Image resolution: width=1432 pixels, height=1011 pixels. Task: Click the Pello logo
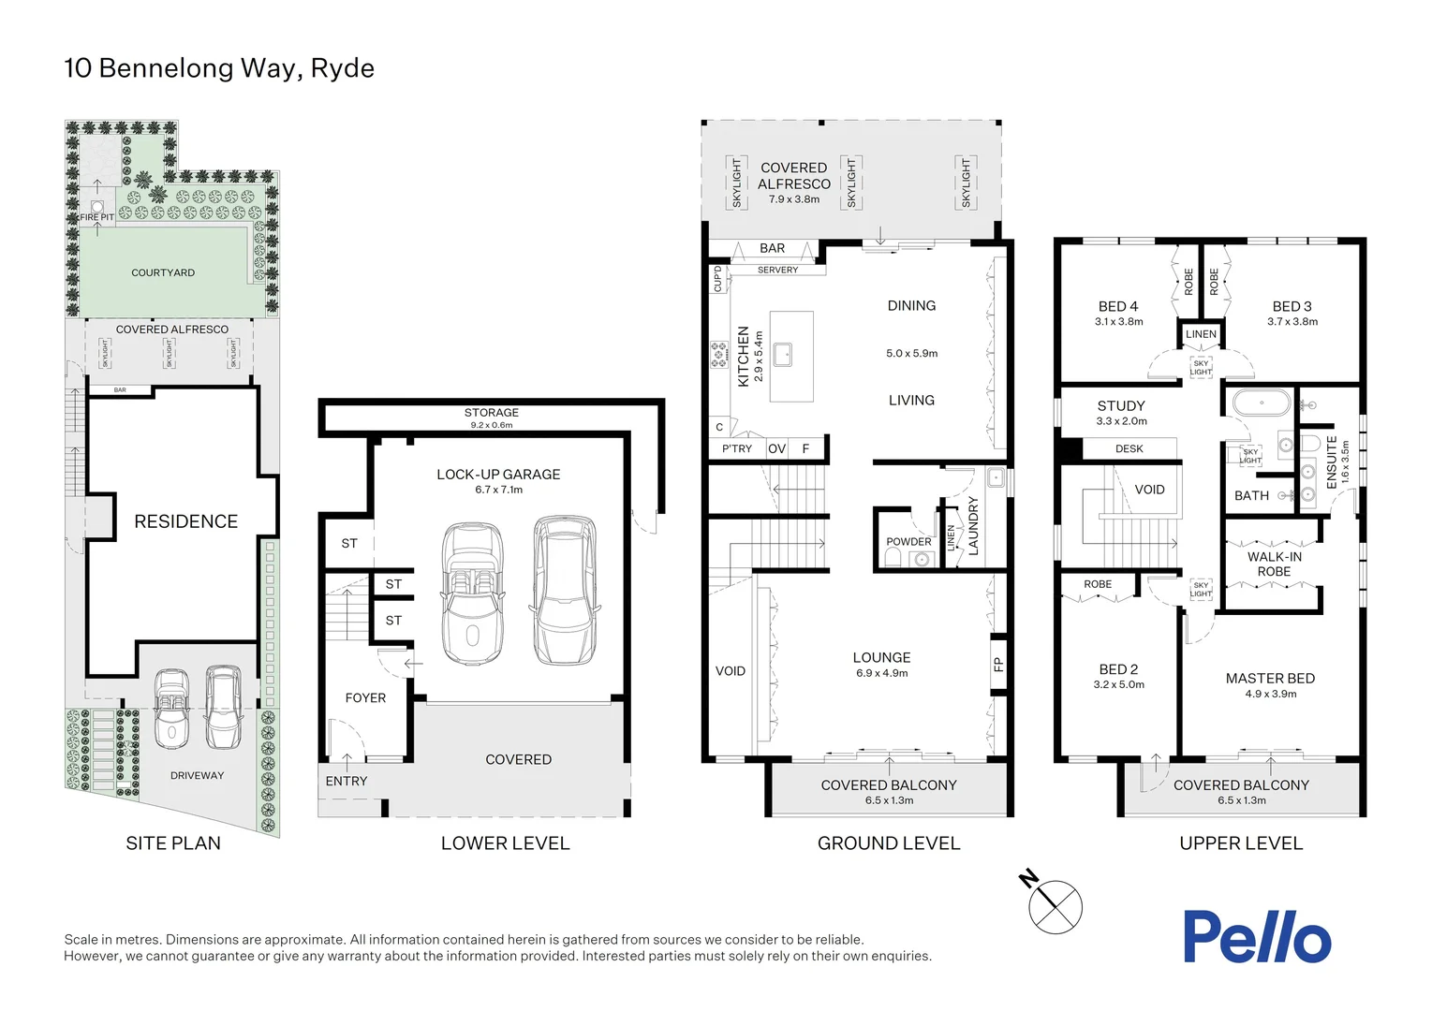tap(1256, 937)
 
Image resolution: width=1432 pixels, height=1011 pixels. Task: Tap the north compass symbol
tap(1055, 905)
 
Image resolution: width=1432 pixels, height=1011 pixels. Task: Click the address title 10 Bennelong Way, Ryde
tap(219, 68)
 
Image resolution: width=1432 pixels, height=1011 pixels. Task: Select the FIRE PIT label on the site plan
tap(96, 217)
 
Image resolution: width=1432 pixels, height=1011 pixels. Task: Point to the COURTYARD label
tap(163, 272)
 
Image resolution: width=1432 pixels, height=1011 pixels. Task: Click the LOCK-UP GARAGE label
tap(498, 475)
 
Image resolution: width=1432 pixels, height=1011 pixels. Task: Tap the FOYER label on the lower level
tap(365, 697)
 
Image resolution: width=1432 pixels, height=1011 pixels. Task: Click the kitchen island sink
tap(783, 354)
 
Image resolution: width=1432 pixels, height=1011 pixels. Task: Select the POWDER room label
tap(908, 541)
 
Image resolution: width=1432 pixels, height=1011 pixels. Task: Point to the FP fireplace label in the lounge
tap(998, 665)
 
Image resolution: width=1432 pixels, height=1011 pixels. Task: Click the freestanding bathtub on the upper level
tap(1261, 404)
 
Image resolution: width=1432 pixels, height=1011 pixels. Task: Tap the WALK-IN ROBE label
tap(1274, 564)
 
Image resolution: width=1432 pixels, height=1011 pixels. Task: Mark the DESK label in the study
tap(1129, 448)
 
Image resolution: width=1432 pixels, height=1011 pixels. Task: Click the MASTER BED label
tap(1270, 678)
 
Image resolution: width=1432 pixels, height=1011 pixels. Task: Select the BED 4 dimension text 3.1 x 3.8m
tap(1118, 322)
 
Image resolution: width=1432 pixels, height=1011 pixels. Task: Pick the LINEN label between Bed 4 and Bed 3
tap(1201, 334)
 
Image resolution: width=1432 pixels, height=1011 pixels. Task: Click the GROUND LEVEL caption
tap(889, 843)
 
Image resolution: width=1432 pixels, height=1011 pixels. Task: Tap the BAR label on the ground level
tap(773, 248)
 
